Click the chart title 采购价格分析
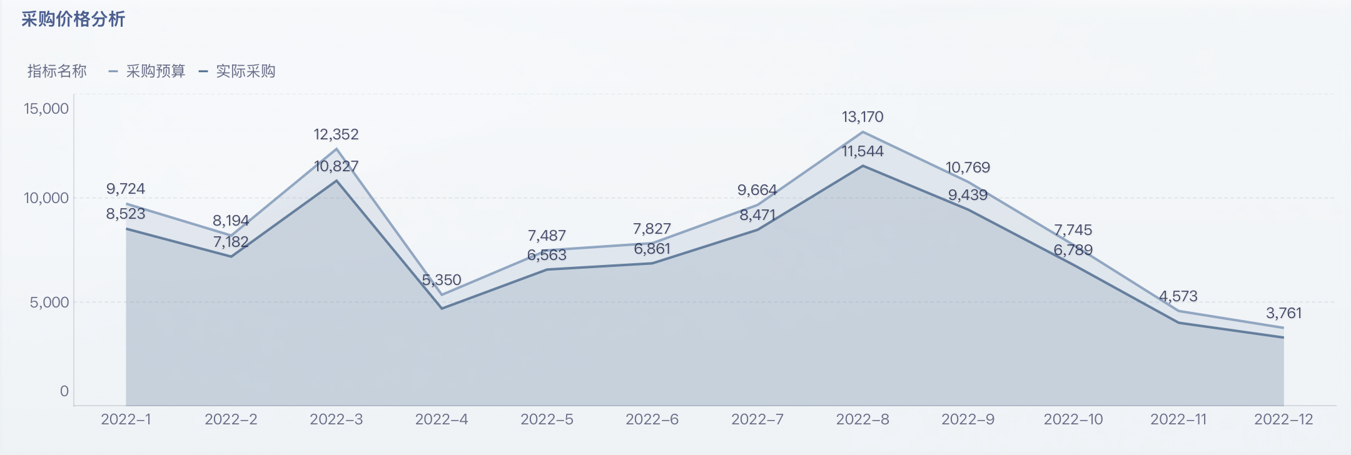point(73,19)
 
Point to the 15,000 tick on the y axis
point(46,109)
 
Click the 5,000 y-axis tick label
point(49,302)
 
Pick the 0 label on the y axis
point(64,391)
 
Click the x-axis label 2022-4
point(442,419)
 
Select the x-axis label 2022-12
point(1283,419)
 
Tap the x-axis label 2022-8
point(863,419)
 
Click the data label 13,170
point(863,117)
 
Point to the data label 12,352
point(336,134)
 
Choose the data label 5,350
point(442,280)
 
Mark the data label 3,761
point(1283,313)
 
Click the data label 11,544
point(863,151)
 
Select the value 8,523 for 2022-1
point(126,214)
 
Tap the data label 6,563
point(547,255)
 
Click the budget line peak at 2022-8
point(863,132)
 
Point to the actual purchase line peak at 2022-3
point(336,181)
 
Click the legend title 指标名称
point(57,71)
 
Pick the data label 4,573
point(1178,296)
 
